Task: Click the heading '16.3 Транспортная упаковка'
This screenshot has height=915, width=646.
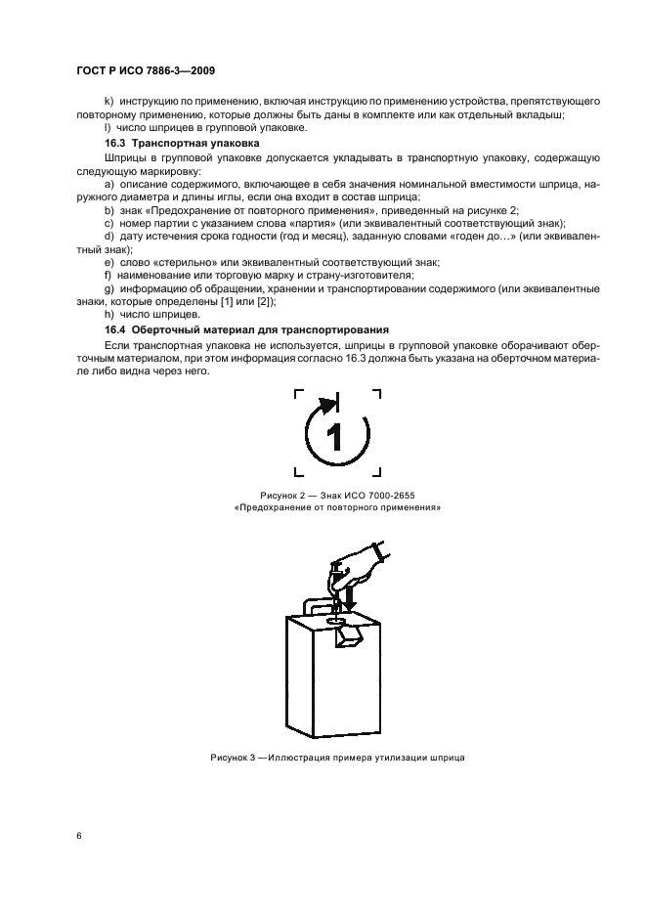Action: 174,144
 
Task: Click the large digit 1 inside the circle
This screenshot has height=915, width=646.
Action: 335,436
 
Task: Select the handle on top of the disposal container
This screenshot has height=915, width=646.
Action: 311,606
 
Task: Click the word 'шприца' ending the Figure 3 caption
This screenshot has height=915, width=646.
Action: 434,758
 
